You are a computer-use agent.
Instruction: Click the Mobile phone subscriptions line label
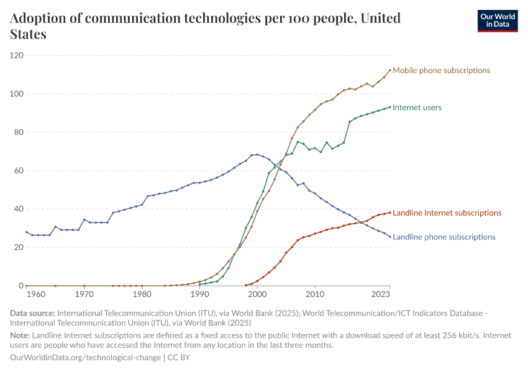point(441,70)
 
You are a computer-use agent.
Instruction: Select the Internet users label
point(417,107)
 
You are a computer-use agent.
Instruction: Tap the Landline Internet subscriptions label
point(447,213)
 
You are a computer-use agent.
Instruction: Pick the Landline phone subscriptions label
point(444,237)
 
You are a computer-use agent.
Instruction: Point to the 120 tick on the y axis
point(17,56)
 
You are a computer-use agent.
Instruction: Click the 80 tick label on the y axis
point(19,132)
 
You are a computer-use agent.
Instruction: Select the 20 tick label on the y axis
point(19,247)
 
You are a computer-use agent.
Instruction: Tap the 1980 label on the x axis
point(142,294)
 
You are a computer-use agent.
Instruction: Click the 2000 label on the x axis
point(257,294)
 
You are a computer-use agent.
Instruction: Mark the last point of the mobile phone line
point(390,70)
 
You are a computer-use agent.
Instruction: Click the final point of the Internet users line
point(390,107)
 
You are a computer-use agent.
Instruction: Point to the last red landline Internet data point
point(390,212)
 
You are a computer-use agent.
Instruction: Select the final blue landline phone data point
point(390,236)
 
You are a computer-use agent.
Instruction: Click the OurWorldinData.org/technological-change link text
point(86,358)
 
